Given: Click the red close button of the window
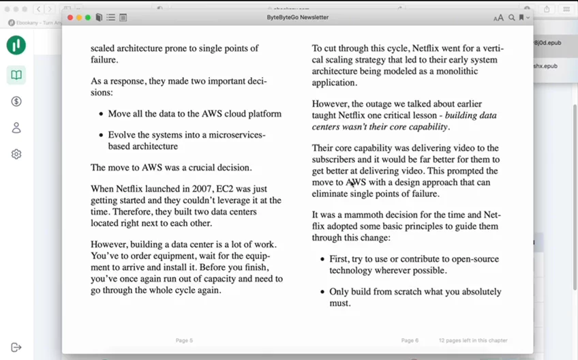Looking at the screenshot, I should pyautogui.click(x=68, y=17).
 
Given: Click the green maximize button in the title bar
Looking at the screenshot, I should pyautogui.click(x=88, y=17).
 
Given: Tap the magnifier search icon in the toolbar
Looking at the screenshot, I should pyautogui.click(x=512, y=17).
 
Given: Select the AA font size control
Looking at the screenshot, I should pyautogui.click(x=499, y=17).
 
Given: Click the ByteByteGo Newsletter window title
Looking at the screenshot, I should pyautogui.click(x=298, y=17).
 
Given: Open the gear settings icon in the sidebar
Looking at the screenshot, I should pyautogui.click(x=16, y=154).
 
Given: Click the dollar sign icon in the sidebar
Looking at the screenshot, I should pyautogui.click(x=16, y=102).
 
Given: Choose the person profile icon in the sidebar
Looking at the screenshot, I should pyautogui.click(x=16, y=127).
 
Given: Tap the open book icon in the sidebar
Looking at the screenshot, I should pyautogui.click(x=16, y=75).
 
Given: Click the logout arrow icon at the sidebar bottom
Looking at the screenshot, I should pyautogui.click(x=16, y=347).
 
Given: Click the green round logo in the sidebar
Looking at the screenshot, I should pyautogui.click(x=16, y=45).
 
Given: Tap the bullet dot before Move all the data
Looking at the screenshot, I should pyautogui.click(x=101, y=114).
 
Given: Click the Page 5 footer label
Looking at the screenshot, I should pyautogui.click(x=184, y=340).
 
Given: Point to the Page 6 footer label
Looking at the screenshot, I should pyautogui.click(x=410, y=340).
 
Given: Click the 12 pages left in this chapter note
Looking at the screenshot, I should pyautogui.click(x=472, y=340).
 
